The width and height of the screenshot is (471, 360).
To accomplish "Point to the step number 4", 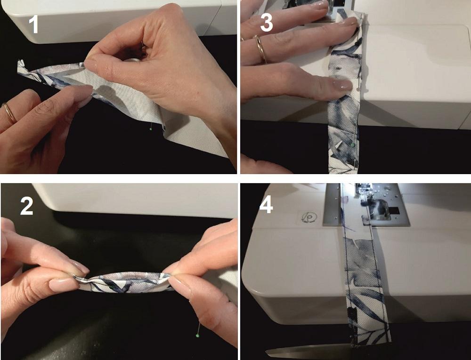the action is coord(266,205).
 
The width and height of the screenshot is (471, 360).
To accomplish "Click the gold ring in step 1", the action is coord(9,112).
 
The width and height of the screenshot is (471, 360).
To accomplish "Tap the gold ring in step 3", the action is coord(260,49).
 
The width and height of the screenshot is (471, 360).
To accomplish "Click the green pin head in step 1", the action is coord(151,129).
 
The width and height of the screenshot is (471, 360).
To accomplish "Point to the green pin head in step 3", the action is coord(353,145).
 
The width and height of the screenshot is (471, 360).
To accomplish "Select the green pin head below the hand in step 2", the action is coord(197,336).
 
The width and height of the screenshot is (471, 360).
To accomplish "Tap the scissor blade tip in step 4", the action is coord(266,352).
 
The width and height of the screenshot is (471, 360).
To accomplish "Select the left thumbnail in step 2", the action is coord(64,284).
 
